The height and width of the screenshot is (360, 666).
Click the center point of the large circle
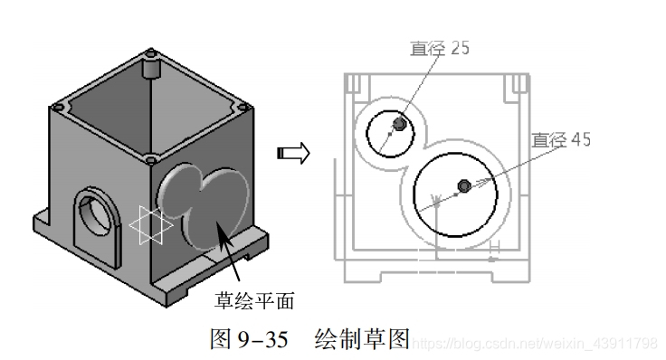[464, 185]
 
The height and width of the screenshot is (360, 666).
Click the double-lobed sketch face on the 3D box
[205, 203]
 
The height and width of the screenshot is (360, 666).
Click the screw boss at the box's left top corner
[58, 107]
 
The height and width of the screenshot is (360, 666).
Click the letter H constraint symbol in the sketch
[494, 245]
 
